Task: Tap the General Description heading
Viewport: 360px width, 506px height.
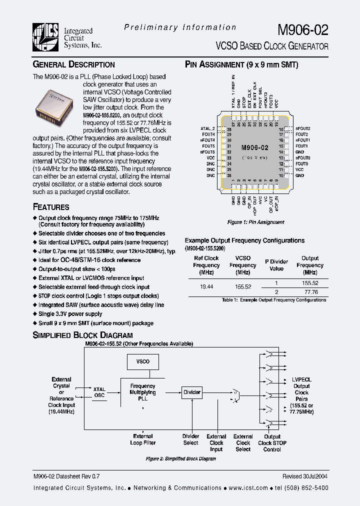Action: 73,64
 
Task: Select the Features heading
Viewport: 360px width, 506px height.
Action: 51,207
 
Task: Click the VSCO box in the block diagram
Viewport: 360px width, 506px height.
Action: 142,361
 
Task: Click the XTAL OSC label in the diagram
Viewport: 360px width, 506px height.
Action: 99,392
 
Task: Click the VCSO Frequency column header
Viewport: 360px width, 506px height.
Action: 243,265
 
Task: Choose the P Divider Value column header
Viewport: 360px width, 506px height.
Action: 276,264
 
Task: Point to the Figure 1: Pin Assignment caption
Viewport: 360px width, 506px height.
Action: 255,222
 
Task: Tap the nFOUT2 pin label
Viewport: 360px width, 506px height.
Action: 303,129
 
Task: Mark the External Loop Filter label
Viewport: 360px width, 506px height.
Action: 143,439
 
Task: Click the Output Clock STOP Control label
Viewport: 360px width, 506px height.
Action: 272,442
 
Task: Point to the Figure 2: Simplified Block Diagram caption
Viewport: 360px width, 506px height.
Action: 180,458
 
